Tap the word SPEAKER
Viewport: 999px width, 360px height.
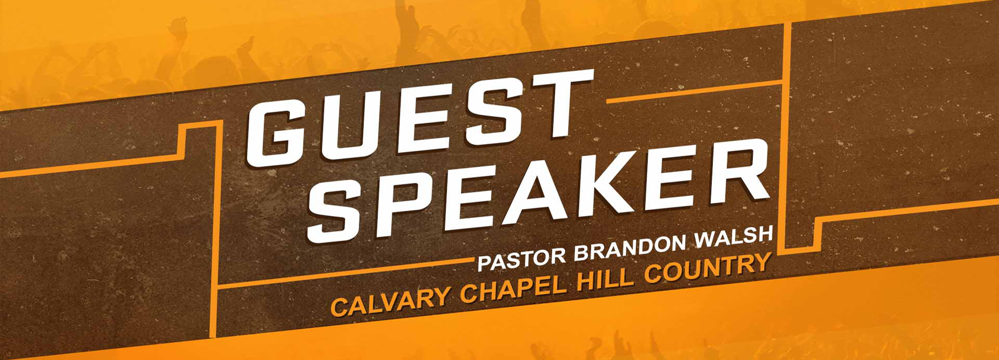538,192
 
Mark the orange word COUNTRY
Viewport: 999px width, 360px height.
707,268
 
